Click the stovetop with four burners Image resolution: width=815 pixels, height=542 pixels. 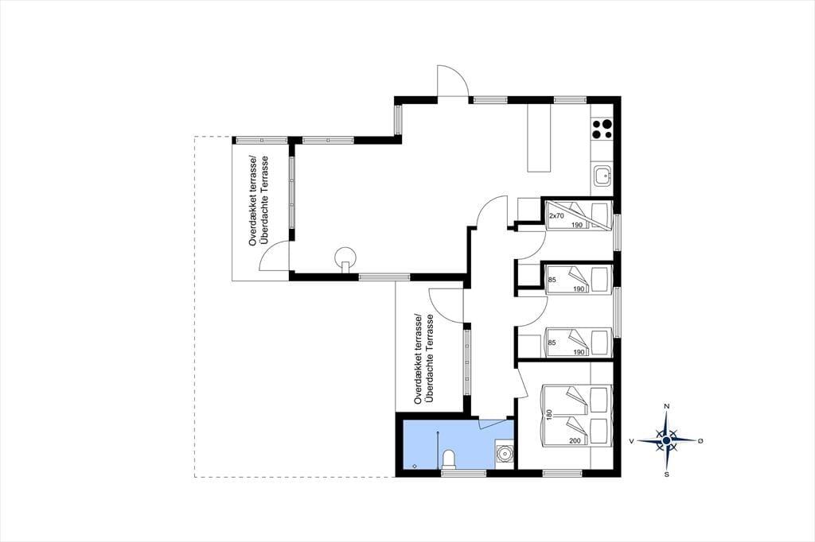tap(602, 130)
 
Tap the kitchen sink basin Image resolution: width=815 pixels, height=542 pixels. tap(603, 175)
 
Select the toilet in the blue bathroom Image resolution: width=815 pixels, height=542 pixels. tap(449, 459)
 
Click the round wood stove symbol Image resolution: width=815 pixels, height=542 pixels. tap(345, 258)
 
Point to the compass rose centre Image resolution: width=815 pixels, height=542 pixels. tap(666, 440)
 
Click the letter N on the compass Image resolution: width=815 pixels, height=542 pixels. tap(666, 406)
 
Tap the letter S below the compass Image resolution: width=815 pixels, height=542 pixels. tap(666, 474)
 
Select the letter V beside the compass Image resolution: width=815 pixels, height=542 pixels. tap(631, 441)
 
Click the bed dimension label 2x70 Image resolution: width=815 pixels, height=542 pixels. tap(556, 215)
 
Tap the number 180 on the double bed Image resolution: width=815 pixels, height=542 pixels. tap(548, 415)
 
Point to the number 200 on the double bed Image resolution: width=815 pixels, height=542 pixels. tap(575, 441)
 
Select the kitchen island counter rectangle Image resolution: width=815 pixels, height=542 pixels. tap(539, 137)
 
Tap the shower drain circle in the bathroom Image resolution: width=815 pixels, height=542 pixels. tap(414, 467)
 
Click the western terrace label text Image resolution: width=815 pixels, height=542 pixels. tap(259, 200)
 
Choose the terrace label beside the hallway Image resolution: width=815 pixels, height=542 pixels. tap(423, 359)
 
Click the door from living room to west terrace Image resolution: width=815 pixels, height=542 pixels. tap(274, 257)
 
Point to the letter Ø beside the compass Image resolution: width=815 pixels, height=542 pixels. tap(700, 441)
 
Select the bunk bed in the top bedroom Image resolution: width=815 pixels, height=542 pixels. tap(579, 215)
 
